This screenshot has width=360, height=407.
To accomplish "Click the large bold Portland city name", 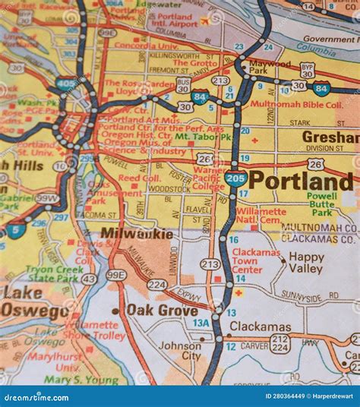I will [301, 181].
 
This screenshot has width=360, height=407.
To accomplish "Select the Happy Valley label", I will [306, 263].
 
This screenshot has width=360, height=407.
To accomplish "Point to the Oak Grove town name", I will [162, 310].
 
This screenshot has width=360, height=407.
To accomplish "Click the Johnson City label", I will [180, 350].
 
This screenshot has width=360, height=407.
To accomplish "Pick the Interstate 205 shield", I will [235, 179].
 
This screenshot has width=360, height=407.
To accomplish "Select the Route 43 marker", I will [89, 279].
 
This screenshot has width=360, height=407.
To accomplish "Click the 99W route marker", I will [47, 198].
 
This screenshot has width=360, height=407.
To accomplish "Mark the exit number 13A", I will [201, 323].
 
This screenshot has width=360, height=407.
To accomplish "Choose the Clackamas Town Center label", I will [257, 260].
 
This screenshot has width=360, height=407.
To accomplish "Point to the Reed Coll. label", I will [139, 178].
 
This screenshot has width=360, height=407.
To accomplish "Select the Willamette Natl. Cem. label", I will [261, 216].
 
